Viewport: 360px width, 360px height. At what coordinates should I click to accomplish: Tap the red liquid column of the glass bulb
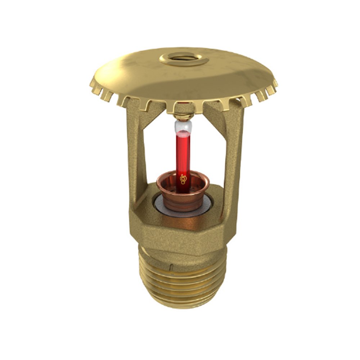tap(183, 151)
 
